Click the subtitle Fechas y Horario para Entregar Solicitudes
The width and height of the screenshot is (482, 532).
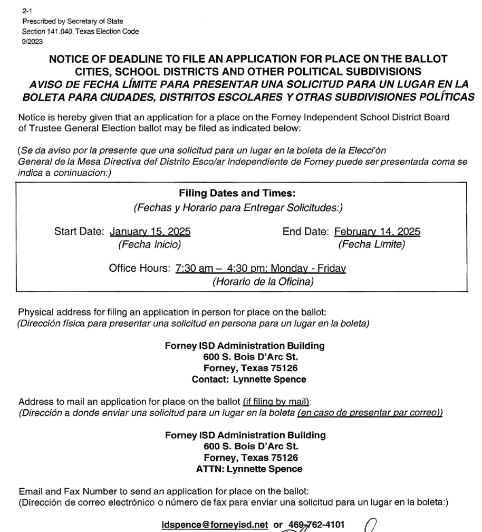coord(238,208)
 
